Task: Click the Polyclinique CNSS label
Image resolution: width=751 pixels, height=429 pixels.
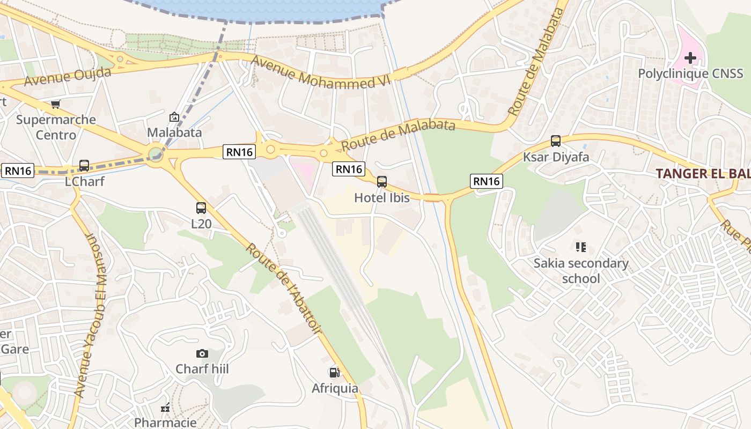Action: coord(690,73)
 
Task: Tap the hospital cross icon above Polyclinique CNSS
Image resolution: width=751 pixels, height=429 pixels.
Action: coord(690,57)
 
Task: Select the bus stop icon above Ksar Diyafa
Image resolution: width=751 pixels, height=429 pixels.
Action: coord(556,141)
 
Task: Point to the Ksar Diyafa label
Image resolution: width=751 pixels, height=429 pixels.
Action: coord(556,157)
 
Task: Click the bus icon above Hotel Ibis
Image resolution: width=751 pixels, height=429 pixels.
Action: coord(382,182)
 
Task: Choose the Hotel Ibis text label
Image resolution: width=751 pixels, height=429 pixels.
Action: coord(382,198)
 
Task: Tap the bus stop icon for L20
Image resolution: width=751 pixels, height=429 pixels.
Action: coord(201,208)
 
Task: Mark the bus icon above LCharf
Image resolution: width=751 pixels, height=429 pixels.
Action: coord(84,166)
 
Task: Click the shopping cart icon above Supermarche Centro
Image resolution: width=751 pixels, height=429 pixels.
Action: coord(56,104)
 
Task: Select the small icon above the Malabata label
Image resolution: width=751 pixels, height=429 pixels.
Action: coord(174,117)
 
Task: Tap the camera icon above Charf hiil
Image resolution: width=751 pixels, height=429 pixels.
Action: coord(202,353)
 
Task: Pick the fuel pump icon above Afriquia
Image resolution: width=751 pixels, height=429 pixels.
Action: coord(334,372)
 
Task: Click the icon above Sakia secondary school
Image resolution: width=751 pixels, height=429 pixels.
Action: coord(580,247)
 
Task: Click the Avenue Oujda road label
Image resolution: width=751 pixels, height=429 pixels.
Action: coord(68,76)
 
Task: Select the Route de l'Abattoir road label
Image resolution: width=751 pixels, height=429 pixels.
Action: coord(284,290)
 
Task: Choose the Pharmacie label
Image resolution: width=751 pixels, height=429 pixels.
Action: coord(165,423)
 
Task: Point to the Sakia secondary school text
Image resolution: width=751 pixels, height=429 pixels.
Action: coord(581,271)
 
